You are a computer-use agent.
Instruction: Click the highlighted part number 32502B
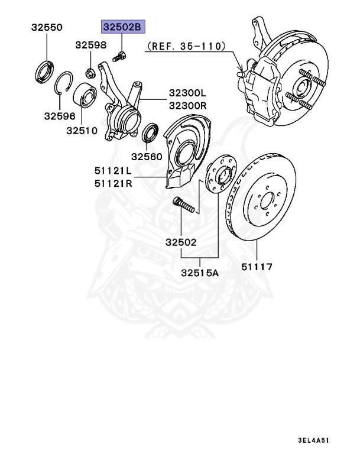point(122,27)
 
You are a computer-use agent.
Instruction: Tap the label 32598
point(90,45)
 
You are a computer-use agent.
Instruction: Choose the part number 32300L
point(187,93)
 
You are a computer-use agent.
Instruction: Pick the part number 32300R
point(187,105)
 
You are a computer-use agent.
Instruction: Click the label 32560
point(146,157)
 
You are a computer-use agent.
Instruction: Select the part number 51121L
point(112,171)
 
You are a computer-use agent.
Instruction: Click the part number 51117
point(257,267)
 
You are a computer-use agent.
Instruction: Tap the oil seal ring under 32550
point(43,70)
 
